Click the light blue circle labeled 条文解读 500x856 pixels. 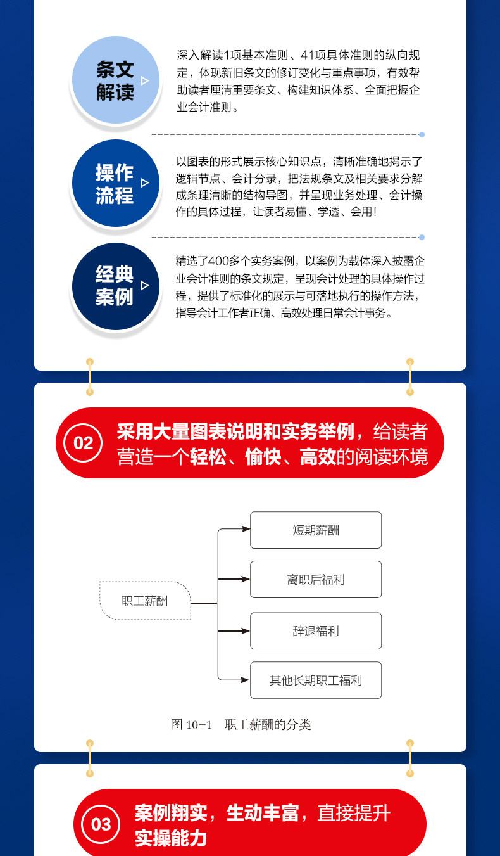(115, 80)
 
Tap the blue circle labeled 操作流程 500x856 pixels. (115, 183)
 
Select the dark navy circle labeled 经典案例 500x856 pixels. (115, 286)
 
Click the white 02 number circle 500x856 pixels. (83, 443)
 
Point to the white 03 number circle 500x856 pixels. (101, 824)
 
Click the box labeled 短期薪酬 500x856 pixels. (316, 530)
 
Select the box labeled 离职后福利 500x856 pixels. (316, 579)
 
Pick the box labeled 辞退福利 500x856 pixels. (316, 630)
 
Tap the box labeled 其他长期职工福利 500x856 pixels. (316, 680)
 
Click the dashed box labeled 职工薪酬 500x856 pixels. (145, 601)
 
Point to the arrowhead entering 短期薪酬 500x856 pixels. (246, 528)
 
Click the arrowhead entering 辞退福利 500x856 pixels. (246, 631)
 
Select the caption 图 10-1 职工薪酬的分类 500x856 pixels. (241, 724)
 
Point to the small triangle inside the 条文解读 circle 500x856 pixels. (145, 80)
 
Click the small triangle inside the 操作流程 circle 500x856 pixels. (145, 183)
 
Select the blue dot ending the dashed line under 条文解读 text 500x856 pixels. (422, 134)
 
